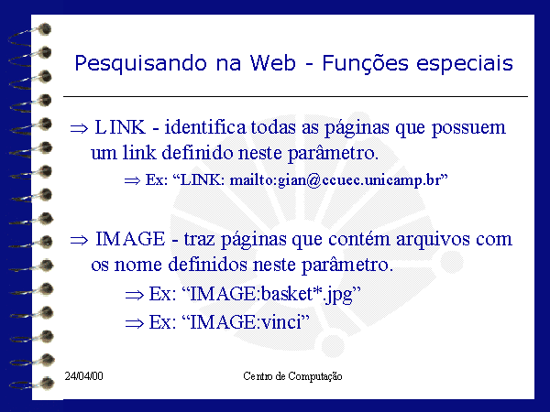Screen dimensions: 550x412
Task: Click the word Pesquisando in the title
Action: click(140, 64)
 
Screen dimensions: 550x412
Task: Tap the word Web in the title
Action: click(272, 63)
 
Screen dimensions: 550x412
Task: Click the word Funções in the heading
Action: click(365, 64)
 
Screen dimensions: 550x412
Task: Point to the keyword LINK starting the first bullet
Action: click(120, 127)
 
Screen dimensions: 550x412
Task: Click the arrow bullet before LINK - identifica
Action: click(79, 128)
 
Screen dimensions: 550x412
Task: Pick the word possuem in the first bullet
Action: click(468, 128)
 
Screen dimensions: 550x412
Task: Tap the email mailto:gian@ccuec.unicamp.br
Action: click(335, 180)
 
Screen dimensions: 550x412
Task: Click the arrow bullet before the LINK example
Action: click(132, 180)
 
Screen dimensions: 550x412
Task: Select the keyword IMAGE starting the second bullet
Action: click(130, 239)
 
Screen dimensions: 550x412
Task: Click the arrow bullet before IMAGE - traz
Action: click(79, 240)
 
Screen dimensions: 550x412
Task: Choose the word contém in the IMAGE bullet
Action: click(359, 239)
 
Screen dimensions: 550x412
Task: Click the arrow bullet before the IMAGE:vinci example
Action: click(135, 323)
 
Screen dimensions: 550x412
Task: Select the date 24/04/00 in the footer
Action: click(83, 376)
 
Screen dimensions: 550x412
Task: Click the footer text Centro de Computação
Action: click(292, 376)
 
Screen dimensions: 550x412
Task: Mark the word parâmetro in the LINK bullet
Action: click(333, 154)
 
